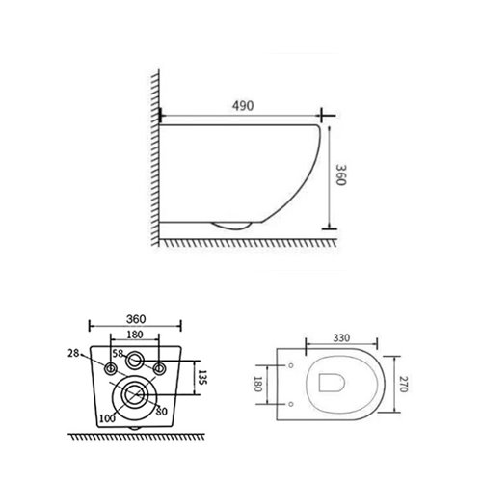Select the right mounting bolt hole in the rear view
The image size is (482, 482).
coord(160,369)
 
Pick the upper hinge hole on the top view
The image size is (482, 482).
coord(290,366)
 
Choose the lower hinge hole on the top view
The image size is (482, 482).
coord(290,400)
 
